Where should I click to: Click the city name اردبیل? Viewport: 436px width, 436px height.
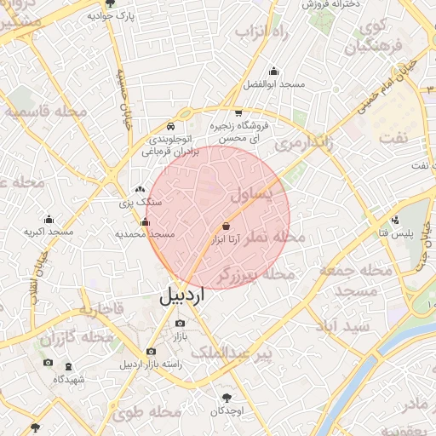click(x=182, y=296)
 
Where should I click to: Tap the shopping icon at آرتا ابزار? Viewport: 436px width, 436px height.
click(x=226, y=227)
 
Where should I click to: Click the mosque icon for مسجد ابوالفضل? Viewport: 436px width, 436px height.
click(x=273, y=72)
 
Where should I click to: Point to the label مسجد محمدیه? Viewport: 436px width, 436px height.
click(x=146, y=234)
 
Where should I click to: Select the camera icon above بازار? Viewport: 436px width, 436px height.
click(x=179, y=324)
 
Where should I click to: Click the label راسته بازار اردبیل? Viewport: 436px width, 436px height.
click(x=151, y=364)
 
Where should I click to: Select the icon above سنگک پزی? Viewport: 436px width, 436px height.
click(x=139, y=190)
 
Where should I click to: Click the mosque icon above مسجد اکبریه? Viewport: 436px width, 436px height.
click(x=49, y=218)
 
